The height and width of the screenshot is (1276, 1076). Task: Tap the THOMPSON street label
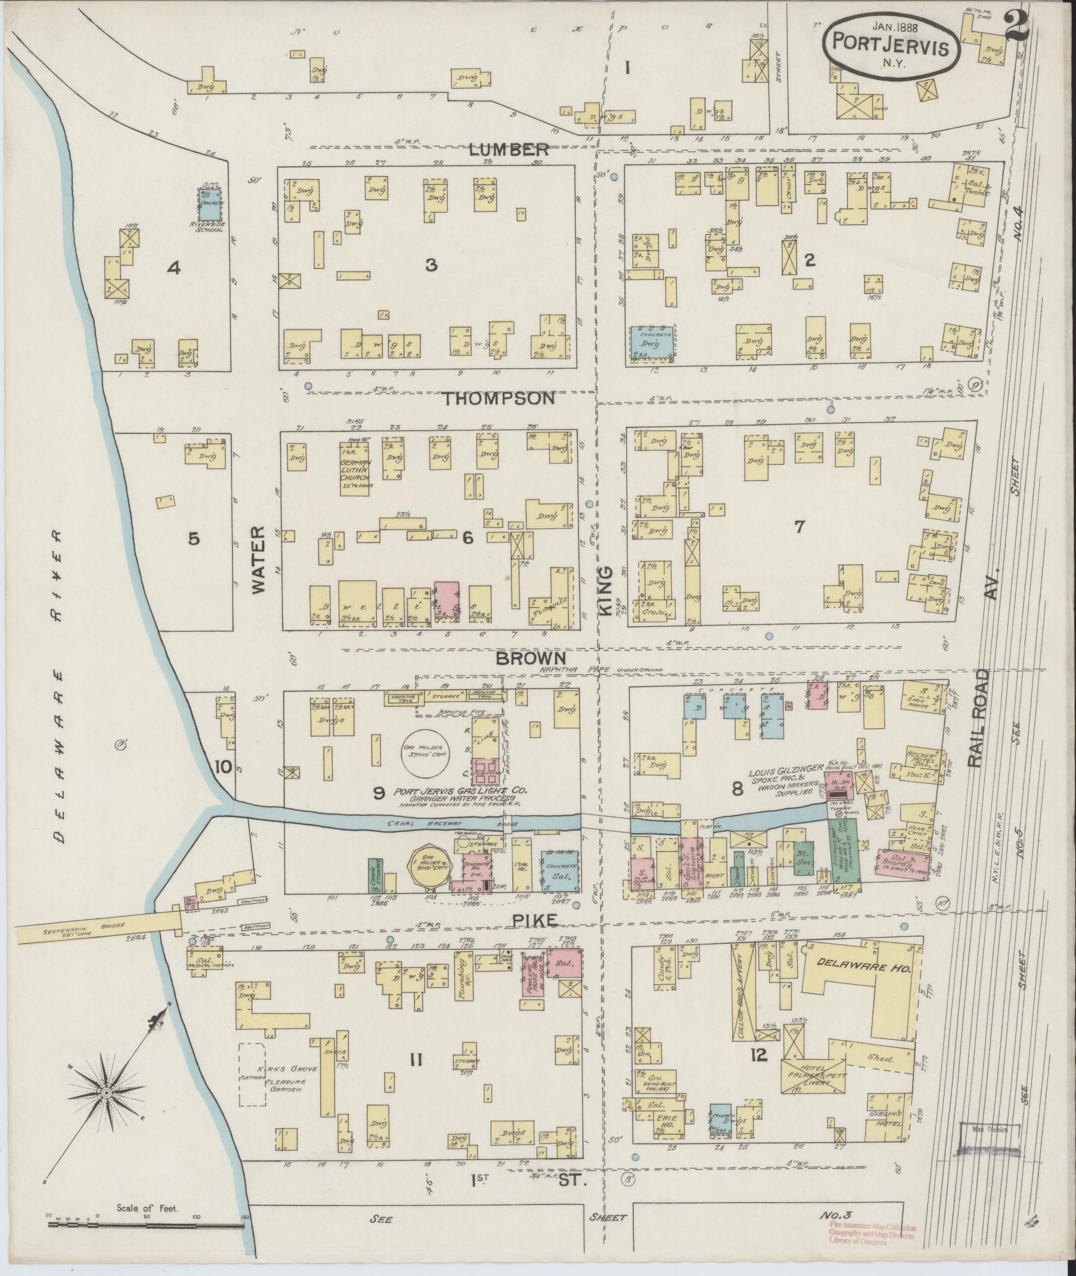(500, 398)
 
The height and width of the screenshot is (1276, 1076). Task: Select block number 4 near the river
(174, 268)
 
